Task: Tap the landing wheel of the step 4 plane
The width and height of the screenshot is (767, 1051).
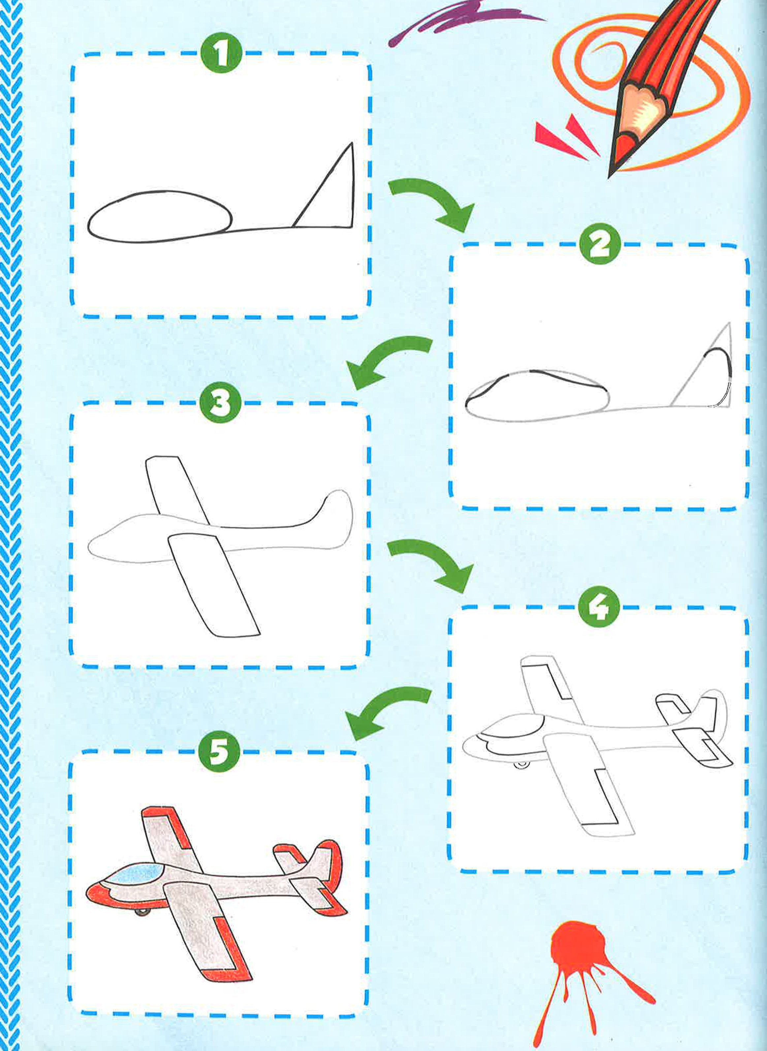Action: point(522,764)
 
